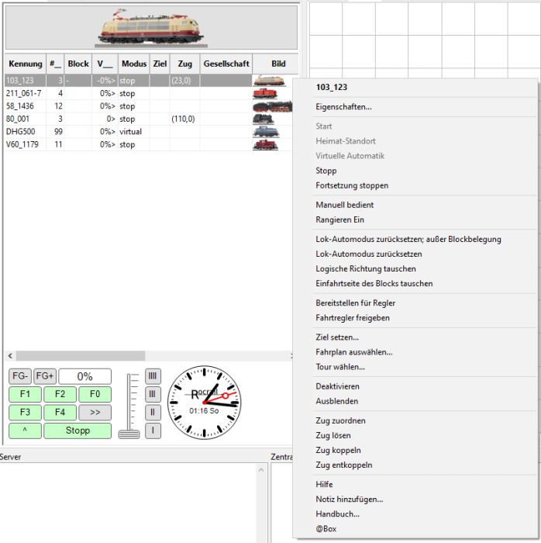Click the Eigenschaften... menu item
pos(343,107)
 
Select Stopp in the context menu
pos(326,171)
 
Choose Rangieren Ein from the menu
pos(339,220)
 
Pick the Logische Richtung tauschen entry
pos(366,268)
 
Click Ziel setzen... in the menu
pos(337,337)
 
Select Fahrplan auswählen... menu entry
pos(354,352)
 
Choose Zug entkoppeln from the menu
pos(344,465)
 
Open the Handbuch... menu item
pos(337,514)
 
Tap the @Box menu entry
pos(326,529)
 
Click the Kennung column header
pos(26,64)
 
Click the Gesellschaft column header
pos(226,64)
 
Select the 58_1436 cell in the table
pos(20,106)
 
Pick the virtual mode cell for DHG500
pos(131,132)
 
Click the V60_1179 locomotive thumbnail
pos(265,144)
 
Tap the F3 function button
pos(25,412)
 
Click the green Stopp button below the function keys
pos(78,431)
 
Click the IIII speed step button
pos(153,375)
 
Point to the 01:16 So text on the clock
pos(204,411)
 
